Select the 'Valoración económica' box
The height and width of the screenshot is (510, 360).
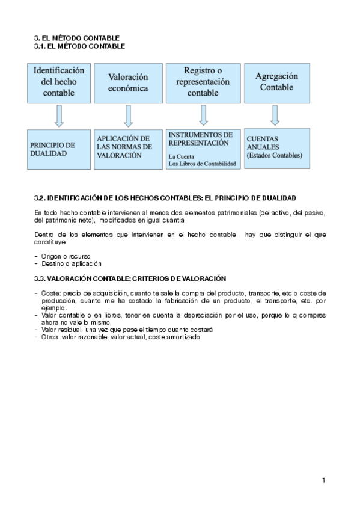pos(127,82)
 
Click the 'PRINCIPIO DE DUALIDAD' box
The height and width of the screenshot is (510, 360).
pos(58,149)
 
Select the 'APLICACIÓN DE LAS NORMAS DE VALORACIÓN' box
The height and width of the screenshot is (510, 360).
pos(127,147)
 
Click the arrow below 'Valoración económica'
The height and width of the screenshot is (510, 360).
pos(127,115)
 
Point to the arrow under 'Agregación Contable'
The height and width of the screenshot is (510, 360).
pos(275,115)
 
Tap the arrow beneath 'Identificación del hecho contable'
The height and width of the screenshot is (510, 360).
pos(58,115)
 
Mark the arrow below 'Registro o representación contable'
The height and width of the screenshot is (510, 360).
pos(203,115)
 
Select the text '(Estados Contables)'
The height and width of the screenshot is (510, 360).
pos(274,155)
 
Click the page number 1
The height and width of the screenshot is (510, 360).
pos(323,480)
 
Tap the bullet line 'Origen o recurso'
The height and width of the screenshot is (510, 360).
pos(66,256)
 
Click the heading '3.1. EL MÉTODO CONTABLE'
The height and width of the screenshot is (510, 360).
pos(80,46)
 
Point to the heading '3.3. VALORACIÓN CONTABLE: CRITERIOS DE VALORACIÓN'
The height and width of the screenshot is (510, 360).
pos(130,278)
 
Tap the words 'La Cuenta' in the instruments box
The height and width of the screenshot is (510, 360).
pos(182,156)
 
